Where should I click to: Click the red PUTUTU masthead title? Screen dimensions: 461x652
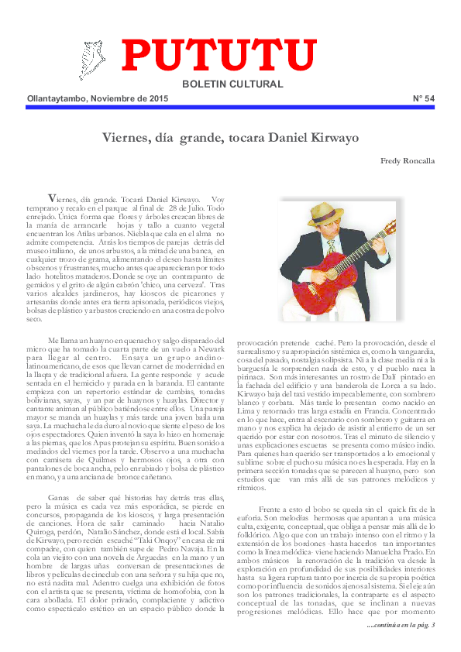tap(218, 56)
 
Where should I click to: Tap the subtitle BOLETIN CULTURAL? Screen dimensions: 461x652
tap(232, 84)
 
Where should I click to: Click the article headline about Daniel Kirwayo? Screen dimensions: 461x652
tap(230, 138)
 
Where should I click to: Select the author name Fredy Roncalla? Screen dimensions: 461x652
tap(408, 161)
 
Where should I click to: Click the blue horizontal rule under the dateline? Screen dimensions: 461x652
tap(230, 108)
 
